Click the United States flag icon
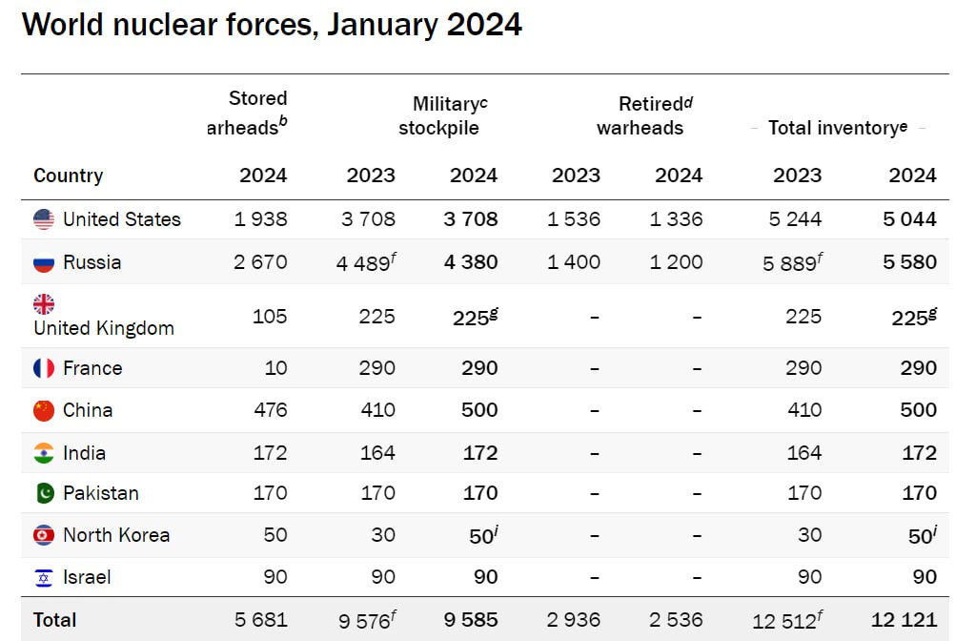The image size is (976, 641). [x=44, y=219]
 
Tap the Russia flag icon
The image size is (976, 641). [x=44, y=262]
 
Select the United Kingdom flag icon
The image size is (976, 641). [x=44, y=304]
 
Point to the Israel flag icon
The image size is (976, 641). [x=44, y=577]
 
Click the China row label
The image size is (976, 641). [x=88, y=410]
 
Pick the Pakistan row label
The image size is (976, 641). [x=100, y=493]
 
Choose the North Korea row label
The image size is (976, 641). [x=115, y=535]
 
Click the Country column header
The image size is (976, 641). [x=68, y=176]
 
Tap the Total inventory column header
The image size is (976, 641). [x=838, y=128]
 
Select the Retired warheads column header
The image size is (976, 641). [x=640, y=115]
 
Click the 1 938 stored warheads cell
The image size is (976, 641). [x=260, y=219]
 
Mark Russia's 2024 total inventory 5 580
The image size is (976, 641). [x=909, y=262]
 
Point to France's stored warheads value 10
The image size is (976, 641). [x=274, y=368]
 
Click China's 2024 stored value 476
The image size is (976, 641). [x=270, y=410]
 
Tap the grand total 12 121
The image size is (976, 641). [x=904, y=620]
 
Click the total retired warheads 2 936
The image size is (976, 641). [x=574, y=620]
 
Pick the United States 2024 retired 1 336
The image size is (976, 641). [x=676, y=219]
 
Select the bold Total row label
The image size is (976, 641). [x=54, y=620]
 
